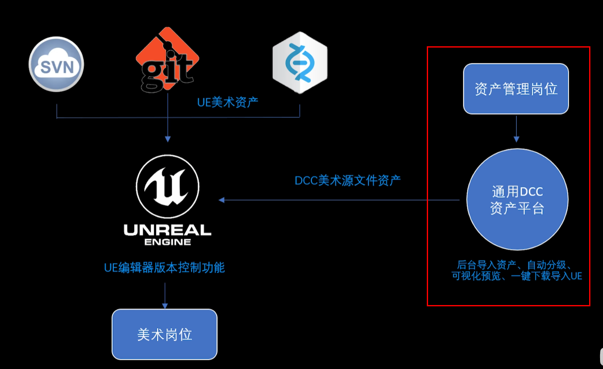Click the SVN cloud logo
click(x=56, y=64)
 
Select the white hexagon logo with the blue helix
click(x=300, y=62)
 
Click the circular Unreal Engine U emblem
click(x=168, y=186)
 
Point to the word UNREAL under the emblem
click(x=167, y=230)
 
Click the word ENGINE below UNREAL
click(x=167, y=242)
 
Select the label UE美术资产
click(x=227, y=102)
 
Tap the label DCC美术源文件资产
click(x=347, y=181)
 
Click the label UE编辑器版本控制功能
click(x=164, y=268)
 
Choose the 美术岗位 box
click(x=164, y=334)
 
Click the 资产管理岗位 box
click(x=516, y=89)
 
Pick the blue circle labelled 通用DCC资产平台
click(x=517, y=199)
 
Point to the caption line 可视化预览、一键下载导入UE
click(x=517, y=276)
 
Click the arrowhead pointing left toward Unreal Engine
click(x=222, y=200)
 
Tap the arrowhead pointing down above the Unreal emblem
click(x=168, y=139)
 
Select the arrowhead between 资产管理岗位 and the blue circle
click(x=516, y=139)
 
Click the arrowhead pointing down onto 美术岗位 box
click(x=165, y=306)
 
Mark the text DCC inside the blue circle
click(x=531, y=192)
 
